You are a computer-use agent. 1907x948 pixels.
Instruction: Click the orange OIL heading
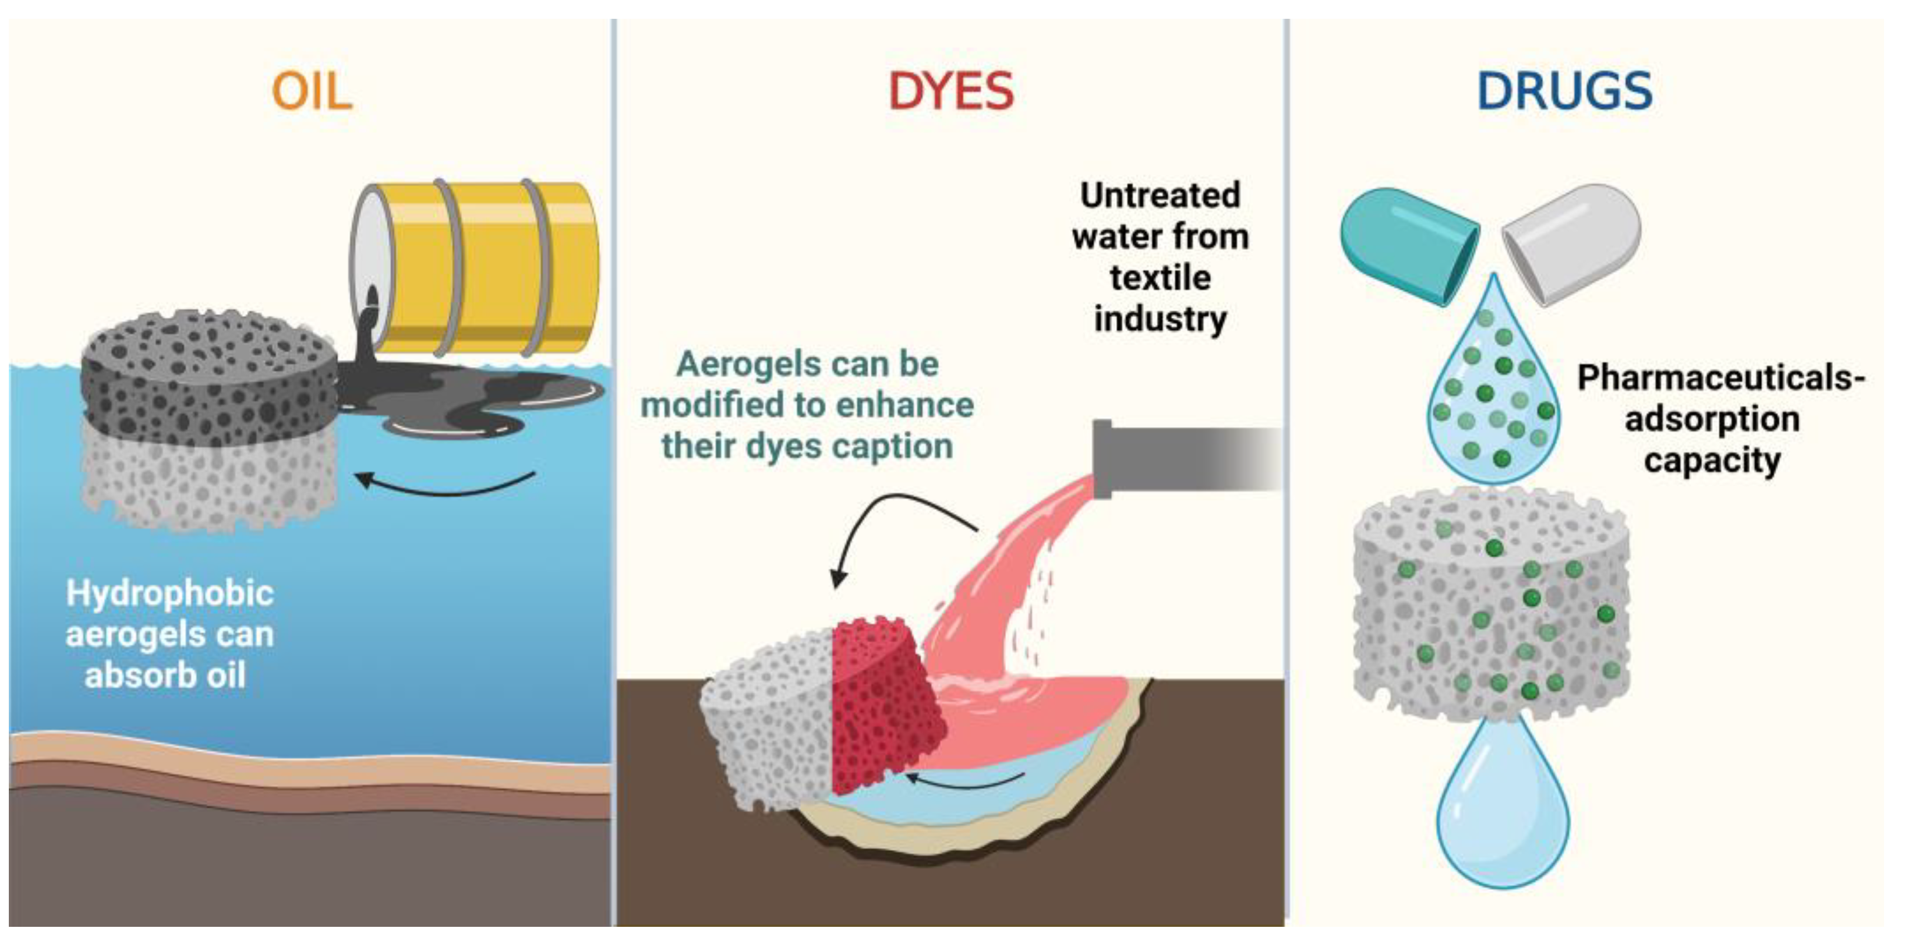tap(312, 92)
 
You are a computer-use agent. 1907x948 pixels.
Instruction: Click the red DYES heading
tap(950, 92)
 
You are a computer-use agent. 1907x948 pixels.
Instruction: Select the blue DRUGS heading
tap(1564, 92)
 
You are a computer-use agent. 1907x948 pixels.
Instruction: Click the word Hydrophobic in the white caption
tap(169, 593)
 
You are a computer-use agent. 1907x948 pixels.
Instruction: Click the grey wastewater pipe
tap(1184, 458)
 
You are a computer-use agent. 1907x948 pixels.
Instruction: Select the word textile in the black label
tap(1160, 278)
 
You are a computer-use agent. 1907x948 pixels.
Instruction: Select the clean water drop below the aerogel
tap(1503, 814)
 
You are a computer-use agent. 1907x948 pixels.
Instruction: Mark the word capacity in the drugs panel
tap(1712, 460)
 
